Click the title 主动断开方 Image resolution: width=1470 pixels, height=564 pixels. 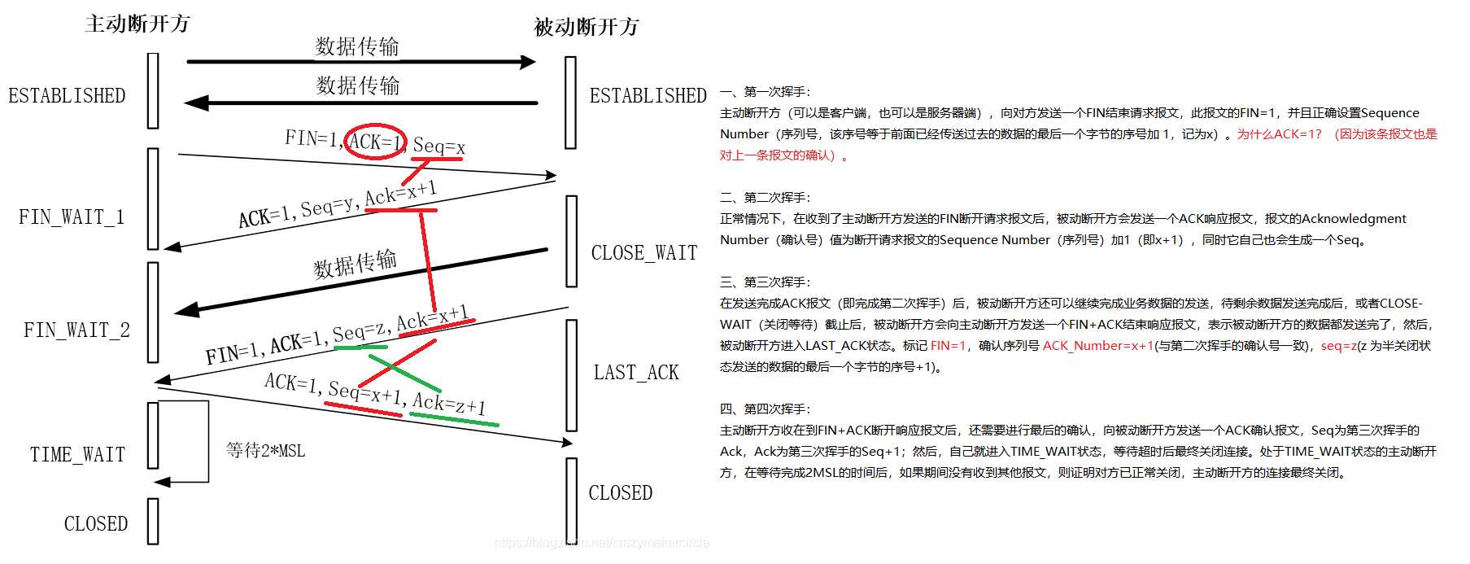[137, 24]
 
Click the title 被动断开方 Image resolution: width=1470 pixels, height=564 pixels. [586, 27]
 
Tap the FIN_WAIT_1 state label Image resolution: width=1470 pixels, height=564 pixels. [72, 217]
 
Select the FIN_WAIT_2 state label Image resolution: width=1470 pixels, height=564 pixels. [76, 330]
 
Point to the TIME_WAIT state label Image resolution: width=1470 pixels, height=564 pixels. [77, 454]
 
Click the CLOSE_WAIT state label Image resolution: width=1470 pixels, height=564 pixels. [644, 253]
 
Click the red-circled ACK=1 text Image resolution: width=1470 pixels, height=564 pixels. [375, 142]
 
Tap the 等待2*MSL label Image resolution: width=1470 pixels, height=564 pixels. [265, 450]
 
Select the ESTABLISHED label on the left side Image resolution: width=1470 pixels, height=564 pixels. [67, 96]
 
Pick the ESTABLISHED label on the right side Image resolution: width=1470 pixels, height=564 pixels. [648, 96]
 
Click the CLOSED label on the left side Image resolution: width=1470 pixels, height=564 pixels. [96, 523]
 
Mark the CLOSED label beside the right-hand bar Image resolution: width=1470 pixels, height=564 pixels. [621, 493]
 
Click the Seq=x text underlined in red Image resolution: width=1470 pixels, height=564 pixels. [438, 146]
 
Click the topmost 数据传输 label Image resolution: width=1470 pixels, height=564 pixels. [357, 46]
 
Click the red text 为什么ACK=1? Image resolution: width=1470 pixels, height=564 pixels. [1279, 134]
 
